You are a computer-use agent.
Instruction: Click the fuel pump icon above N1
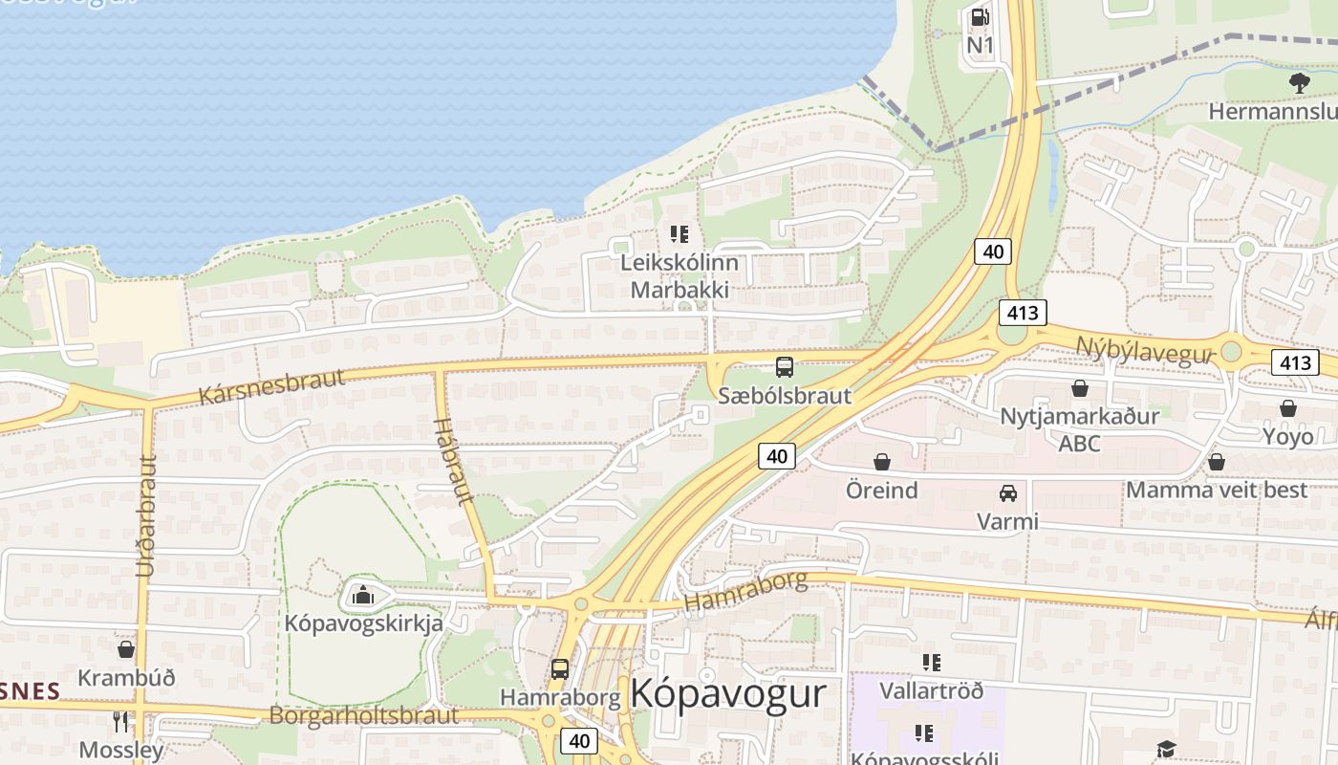point(980,17)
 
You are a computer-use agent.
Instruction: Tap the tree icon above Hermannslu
point(1299,83)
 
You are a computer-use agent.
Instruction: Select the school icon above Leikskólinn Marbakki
point(680,233)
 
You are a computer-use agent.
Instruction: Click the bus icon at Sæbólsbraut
point(785,366)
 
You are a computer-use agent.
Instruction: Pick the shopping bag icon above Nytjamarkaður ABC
point(1080,388)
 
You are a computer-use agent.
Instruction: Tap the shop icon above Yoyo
point(1288,408)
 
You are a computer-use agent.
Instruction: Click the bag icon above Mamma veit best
point(1217,462)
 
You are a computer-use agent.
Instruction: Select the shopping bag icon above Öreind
point(881,463)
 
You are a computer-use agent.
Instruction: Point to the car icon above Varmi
point(1008,493)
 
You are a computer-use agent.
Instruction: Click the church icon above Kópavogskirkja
point(362,596)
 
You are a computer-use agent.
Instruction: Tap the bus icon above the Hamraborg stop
point(560,669)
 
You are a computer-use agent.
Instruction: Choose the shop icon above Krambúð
point(126,649)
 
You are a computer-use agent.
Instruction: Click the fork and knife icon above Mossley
point(120,721)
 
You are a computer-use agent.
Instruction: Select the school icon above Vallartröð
point(932,662)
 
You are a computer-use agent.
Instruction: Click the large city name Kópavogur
point(728,693)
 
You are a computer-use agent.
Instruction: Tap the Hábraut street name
point(454,461)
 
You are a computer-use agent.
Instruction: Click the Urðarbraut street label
point(146,516)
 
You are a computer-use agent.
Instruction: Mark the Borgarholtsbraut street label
point(364,715)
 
